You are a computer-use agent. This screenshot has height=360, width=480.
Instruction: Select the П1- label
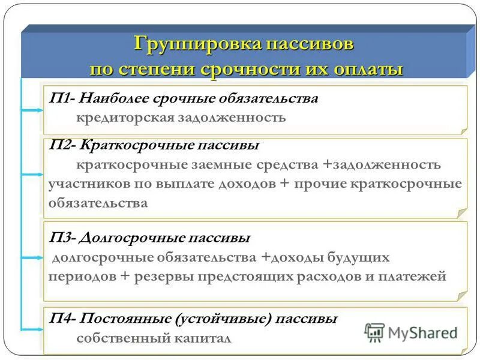click(x=62, y=98)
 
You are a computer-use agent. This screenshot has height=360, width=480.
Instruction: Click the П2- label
click(x=62, y=146)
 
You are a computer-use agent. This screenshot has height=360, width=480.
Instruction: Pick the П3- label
click(x=62, y=238)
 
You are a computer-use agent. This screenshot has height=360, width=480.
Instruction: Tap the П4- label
click(x=62, y=319)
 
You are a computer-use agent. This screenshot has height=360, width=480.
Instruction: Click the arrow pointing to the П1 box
click(x=31, y=110)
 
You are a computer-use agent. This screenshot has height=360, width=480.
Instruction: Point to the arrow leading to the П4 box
click(x=31, y=329)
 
